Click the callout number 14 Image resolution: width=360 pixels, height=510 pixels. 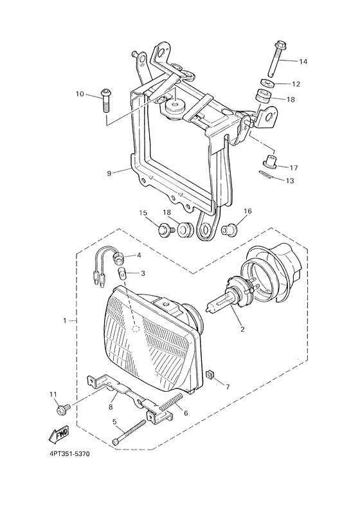(x=303, y=61)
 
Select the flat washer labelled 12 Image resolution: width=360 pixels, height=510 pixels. (x=268, y=83)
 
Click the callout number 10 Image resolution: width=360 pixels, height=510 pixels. (x=80, y=94)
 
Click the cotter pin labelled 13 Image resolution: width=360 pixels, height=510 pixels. (x=267, y=175)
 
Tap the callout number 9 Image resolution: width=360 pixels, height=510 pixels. (x=109, y=173)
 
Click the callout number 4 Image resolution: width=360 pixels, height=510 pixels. (x=139, y=255)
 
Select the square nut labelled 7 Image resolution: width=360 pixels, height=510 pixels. (x=210, y=376)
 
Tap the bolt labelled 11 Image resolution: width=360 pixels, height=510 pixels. (x=64, y=408)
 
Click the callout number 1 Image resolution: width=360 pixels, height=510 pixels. (x=65, y=321)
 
